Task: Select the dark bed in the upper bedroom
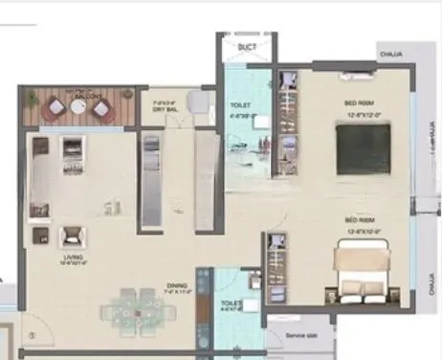click(x=363, y=149)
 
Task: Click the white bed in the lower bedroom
click(x=361, y=272)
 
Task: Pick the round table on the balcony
click(x=78, y=107)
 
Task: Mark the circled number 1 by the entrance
click(x=33, y=334)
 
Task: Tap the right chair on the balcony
click(x=101, y=108)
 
